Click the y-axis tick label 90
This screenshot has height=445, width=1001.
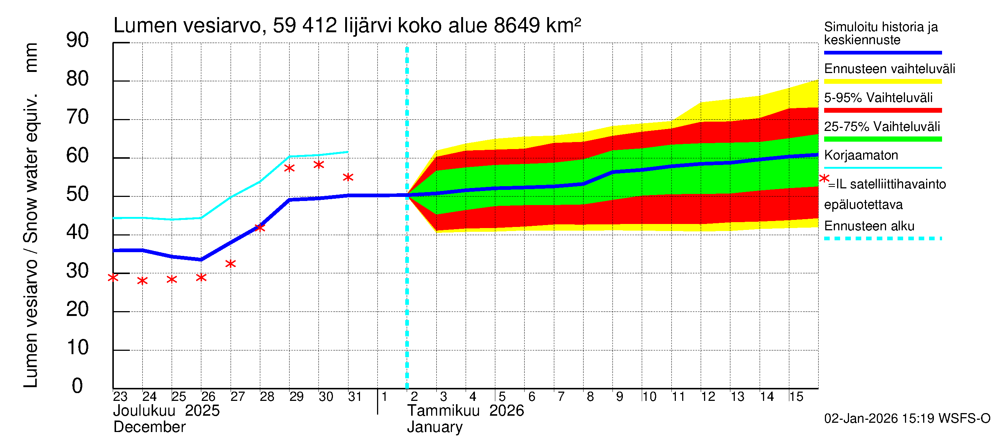point(77,40)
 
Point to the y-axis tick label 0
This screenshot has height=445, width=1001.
point(77,386)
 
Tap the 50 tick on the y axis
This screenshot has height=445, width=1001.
point(77,194)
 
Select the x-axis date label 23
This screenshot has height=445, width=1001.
point(120,396)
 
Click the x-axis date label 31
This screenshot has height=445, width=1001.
point(355,396)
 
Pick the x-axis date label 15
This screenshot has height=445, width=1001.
point(796,396)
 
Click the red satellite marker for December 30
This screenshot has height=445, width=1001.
point(318,165)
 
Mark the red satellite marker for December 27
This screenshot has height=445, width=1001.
point(231,264)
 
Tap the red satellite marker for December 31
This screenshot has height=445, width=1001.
point(348,178)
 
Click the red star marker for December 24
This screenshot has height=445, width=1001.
point(142,281)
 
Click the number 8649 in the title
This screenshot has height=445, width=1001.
point(516,26)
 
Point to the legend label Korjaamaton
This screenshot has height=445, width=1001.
point(861,155)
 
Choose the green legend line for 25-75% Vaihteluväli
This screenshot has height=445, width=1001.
point(882,139)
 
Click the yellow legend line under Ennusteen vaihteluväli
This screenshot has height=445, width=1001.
point(882,82)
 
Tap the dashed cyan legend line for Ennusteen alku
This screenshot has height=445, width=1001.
point(882,238)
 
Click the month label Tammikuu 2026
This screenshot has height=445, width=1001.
point(465,411)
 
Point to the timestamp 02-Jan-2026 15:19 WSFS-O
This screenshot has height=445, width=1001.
point(907,419)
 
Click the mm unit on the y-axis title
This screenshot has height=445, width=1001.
point(31,57)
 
